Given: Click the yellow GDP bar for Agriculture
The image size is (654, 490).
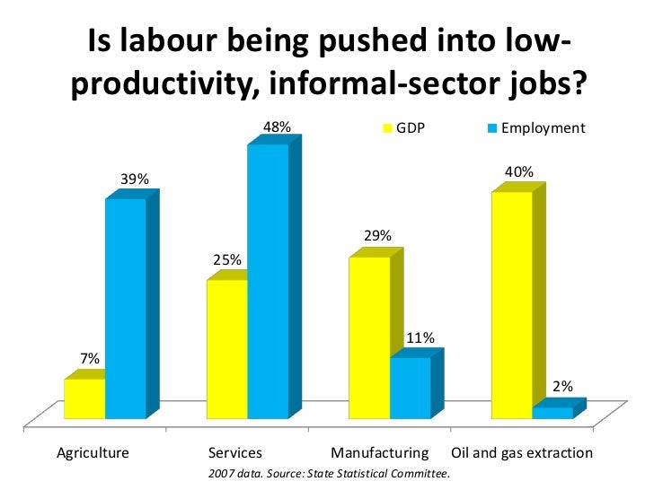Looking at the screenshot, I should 84,399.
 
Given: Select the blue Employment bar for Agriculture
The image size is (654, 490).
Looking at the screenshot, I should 125,308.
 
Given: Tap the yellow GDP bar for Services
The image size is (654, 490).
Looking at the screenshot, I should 226,349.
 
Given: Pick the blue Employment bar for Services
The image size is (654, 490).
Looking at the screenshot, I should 268,281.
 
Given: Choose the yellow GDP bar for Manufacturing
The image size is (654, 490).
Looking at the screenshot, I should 369,337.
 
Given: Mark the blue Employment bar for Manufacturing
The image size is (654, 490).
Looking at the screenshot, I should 410,388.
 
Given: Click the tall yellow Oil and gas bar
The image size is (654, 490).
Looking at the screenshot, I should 512,305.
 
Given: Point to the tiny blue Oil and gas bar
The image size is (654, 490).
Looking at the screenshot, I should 552,413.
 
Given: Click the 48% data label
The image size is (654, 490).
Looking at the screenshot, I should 276,128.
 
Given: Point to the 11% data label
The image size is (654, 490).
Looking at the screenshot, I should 420,338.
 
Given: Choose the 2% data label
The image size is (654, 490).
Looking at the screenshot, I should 562,387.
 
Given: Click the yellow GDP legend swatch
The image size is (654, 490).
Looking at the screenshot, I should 389,129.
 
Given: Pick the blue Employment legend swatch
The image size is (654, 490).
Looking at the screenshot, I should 491,129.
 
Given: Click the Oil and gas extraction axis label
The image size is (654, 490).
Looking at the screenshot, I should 521,452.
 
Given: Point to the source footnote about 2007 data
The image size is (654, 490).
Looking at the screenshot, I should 328,472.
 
